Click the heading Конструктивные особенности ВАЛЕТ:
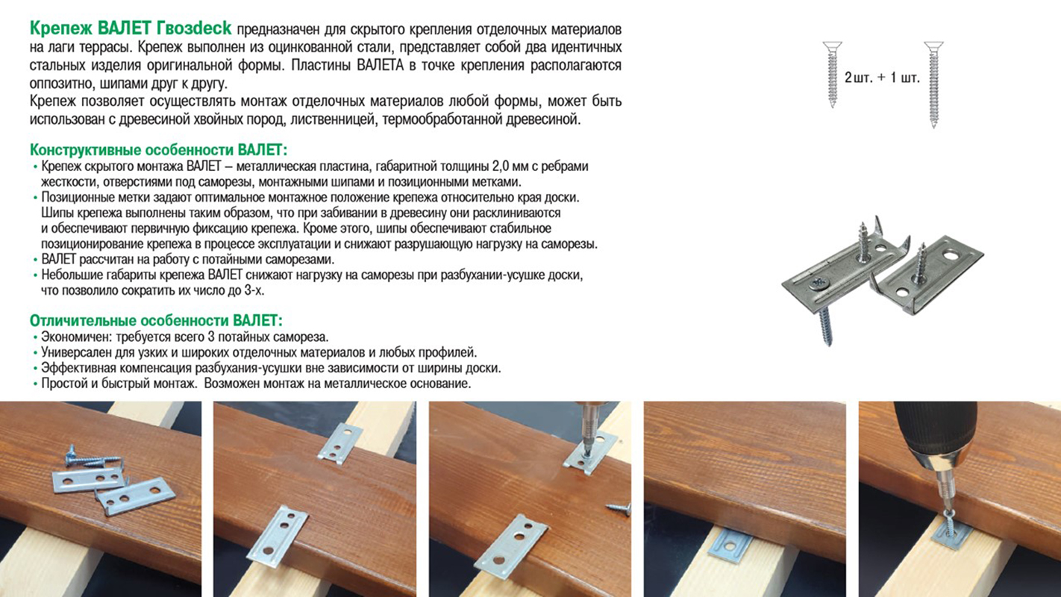pyautogui.click(x=159, y=150)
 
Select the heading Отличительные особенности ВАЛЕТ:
pyautogui.click(x=156, y=321)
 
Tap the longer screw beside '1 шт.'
pyautogui.click(x=933, y=84)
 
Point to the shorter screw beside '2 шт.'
pyautogui.click(x=832, y=74)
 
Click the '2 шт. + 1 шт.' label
pyautogui.click(x=882, y=78)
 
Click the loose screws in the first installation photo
pyautogui.click(x=95, y=457)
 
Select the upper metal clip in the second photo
pyautogui.click(x=340, y=443)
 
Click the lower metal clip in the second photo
pyautogui.click(x=277, y=536)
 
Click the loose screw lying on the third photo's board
pyautogui.click(x=619, y=507)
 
